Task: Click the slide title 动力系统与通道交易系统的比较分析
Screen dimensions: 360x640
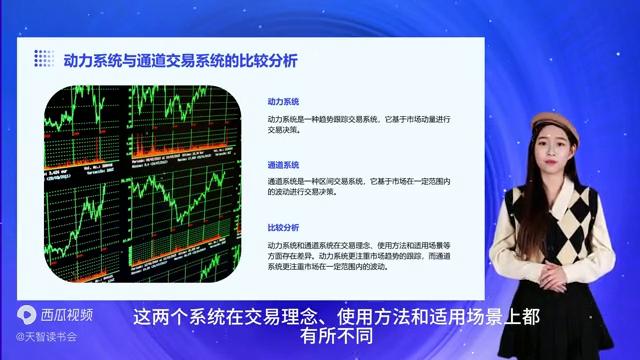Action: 180,59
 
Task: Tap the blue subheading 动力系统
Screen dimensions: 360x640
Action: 283,102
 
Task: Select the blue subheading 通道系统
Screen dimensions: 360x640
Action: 283,164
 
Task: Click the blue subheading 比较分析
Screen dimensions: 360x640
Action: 283,227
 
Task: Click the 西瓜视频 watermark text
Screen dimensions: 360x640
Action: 66,315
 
